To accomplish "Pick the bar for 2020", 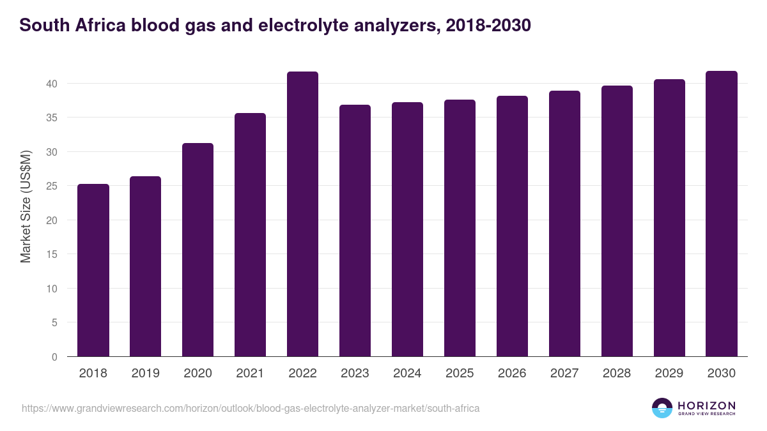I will (x=198, y=250).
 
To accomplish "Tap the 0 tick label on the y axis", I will (x=55, y=357).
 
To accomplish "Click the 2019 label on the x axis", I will (x=145, y=374).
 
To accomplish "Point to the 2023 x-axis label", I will (x=355, y=374).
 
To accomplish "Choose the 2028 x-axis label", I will (x=617, y=374).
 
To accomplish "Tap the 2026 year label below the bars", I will (x=512, y=374).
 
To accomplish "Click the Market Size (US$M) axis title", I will (x=26, y=206).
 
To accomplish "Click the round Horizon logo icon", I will (x=662, y=408).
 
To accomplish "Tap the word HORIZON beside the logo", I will (x=706, y=405).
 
